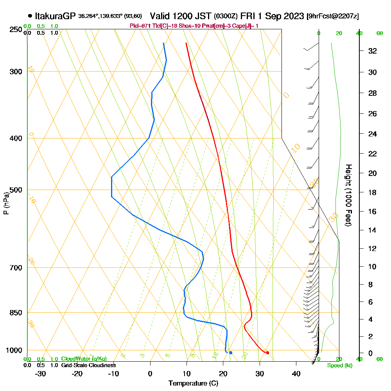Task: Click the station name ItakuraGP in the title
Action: click(55, 16)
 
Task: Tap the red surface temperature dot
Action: click(267, 353)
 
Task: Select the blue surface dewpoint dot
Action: click(231, 353)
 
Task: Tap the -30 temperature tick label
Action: click(41, 373)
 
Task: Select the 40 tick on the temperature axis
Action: click(296, 373)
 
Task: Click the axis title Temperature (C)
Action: click(193, 384)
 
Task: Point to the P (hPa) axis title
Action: click(6, 203)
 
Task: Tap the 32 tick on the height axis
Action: click(373, 51)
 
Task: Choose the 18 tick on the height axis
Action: click(373, 192)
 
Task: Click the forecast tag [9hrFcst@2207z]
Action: click(333, 16)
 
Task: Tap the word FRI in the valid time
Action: click(248, 16)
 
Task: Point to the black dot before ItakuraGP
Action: click(30, 16)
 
